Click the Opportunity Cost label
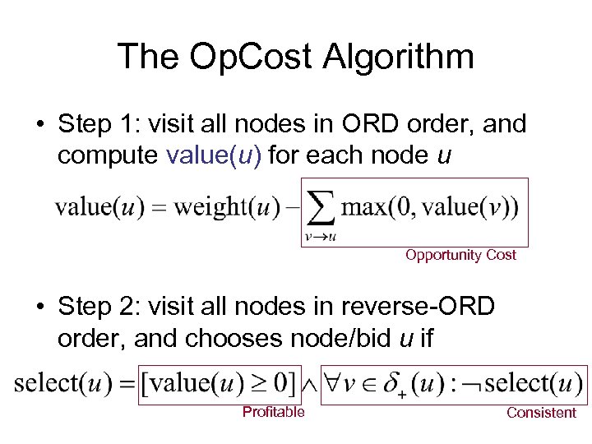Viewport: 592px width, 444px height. tap(460, 255)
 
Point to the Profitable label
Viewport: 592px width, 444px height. tap(273, 412)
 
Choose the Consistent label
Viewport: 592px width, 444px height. tap(541, 413)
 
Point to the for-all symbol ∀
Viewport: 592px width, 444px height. tap(335, 382)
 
